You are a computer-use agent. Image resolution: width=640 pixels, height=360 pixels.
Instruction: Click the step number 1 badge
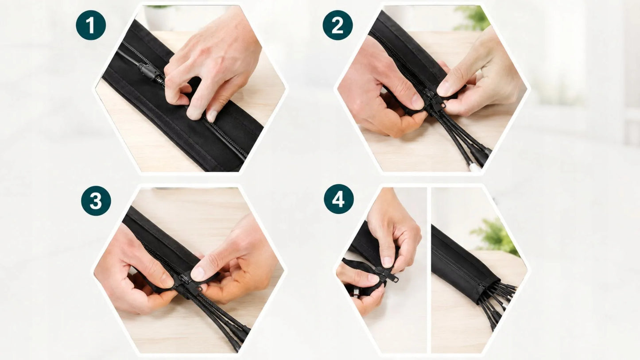click(x=91, y=25)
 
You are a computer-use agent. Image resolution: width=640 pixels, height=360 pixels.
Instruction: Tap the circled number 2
click(x=337, y=25)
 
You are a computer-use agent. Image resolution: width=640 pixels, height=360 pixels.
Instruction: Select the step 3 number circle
click(x=96, y=201)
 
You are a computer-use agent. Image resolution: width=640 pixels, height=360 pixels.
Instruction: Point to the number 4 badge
click(x=338, y=199)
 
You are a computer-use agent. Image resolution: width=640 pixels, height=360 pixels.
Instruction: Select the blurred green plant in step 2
click(x=473, y=18)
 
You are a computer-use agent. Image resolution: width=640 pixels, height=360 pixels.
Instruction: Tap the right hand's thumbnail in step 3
click(x=198, y=273)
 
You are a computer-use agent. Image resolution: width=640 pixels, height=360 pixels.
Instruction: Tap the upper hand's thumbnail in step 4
click(x=388, y=261)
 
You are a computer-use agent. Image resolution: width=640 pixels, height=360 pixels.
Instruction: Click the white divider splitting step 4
click(x=429, y=270)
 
